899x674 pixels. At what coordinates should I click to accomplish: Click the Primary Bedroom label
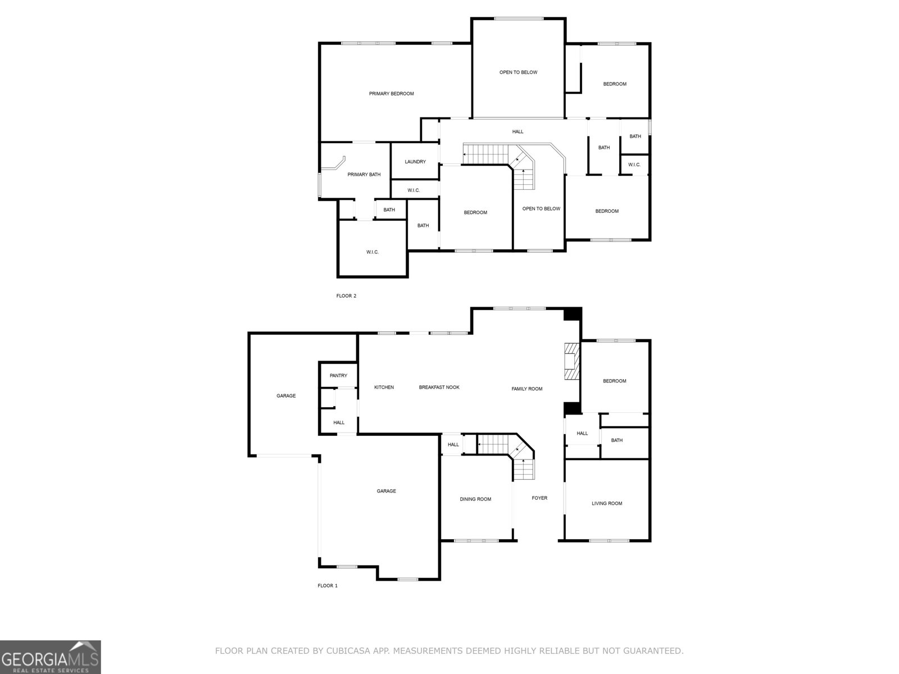coord(391,94)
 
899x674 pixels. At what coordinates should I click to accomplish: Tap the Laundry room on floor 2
coord(415,162)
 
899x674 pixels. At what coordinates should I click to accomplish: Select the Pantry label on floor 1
coord(338,376)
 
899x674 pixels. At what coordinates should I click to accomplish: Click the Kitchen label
coord(384,388)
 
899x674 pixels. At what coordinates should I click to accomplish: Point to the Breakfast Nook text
coord(439,388)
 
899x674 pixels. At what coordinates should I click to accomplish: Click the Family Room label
coord(526,389)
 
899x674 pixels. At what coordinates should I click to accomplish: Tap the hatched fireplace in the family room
coord(572,362)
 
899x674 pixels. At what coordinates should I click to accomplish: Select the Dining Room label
coord(475,499)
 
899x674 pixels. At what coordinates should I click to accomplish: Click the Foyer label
coord(539,498)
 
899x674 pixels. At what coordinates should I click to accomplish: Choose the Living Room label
coord(607,504)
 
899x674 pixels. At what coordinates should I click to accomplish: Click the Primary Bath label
coord(364,175)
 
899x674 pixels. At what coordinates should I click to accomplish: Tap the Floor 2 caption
coord(346,296)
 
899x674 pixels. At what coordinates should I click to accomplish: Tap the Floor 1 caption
coord(328,586)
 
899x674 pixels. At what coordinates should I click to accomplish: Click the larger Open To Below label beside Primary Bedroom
coord(518,72)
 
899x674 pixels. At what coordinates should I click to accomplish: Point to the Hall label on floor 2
coord(517,132)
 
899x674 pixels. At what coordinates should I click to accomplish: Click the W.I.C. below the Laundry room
coord(414,190)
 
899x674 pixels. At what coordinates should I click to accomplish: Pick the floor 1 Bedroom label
coord(614,381)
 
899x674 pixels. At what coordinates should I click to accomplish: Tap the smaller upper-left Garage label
coord(286,396)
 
